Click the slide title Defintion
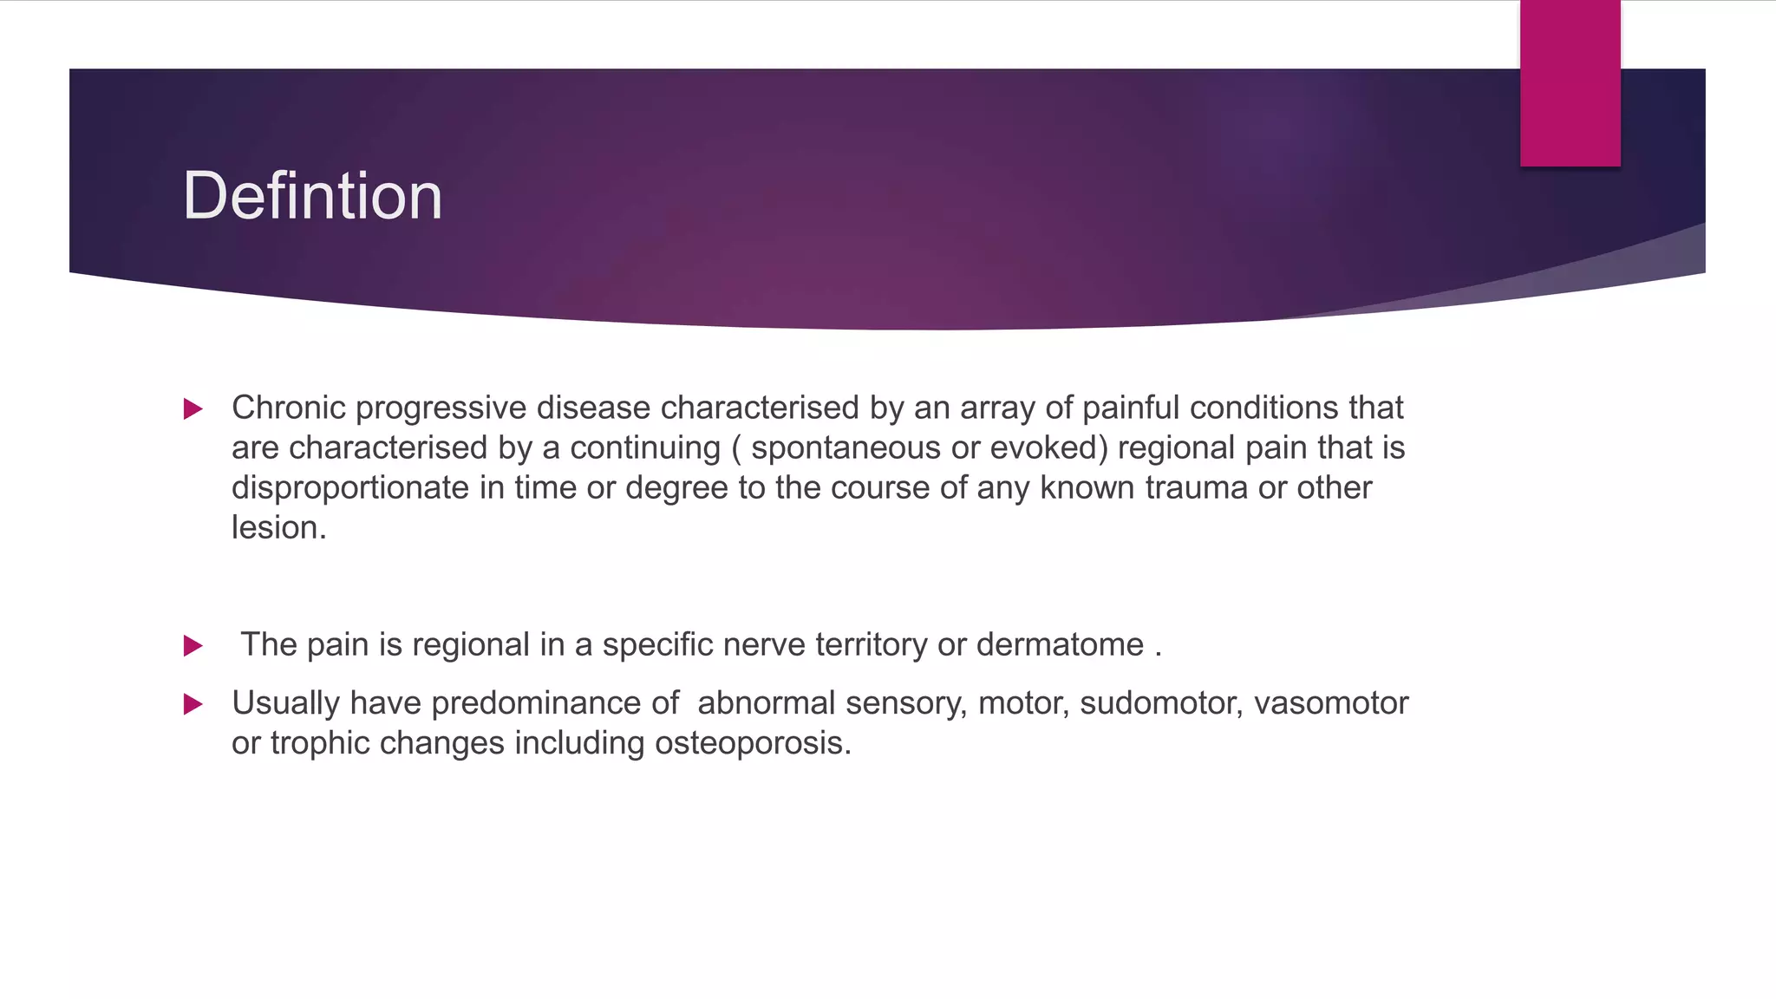(x=312, y=196)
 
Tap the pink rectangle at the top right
(x=1570, y=83)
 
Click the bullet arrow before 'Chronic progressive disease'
(x=193, y=409)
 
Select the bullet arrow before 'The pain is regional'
(x=193, y=646)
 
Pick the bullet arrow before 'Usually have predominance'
(x=193, y=704)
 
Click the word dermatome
(x=1060, y=645)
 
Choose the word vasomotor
(x=1331, y=703)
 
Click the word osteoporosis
(x=752, y=743)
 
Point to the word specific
(x=657, y=645)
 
